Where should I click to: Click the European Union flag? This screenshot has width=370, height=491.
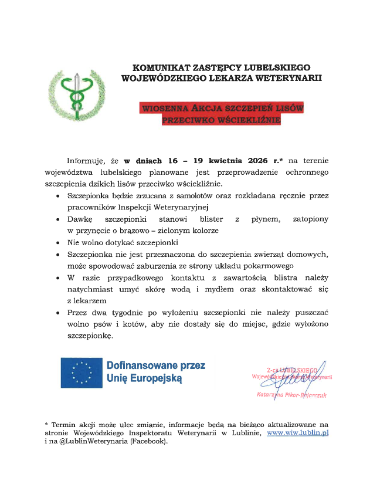click(x=81, y=372)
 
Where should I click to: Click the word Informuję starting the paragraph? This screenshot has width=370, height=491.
click(x=84, y=160)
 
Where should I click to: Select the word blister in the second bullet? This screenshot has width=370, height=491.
click(x=203, y=219)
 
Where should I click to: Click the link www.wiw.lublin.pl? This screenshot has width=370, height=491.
click(x=297, y=432)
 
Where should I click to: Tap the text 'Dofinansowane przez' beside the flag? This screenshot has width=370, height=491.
click(x=155, y=365)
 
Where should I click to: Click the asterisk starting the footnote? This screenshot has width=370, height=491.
click(x=46, y=423)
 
